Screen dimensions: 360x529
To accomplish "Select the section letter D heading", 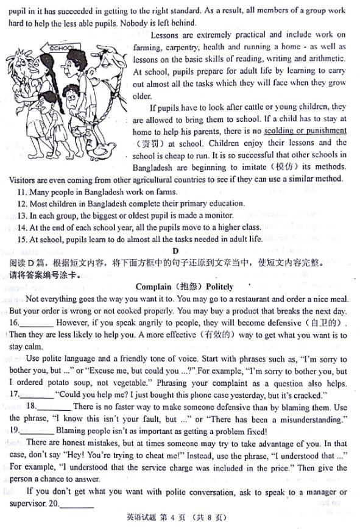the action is click(175, 251).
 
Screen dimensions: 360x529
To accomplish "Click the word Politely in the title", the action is click(219, 286).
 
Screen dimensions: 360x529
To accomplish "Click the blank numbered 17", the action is click(38, 395).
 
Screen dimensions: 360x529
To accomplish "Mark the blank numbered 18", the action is click(55, 407).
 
